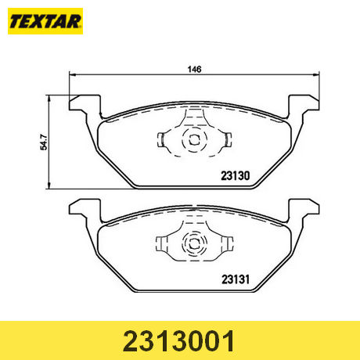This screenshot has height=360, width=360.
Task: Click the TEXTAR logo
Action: (x=45, y=21)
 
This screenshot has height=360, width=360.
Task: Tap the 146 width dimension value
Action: (x=195, y=70)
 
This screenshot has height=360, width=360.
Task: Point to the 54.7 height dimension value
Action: (x=44, y=142)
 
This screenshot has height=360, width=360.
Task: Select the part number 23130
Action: (x=236, y=176)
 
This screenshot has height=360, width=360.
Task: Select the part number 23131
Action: (x=236, y=279)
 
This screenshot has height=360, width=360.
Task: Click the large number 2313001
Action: (x=179, y=341)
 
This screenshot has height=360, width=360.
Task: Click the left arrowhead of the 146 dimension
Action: (x=72, y=75)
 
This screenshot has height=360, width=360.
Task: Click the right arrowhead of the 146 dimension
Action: (x=316, y=75)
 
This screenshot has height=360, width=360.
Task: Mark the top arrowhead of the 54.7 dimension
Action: (x=49, y=98)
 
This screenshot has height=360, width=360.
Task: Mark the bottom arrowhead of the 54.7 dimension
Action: (x=49, y=185)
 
